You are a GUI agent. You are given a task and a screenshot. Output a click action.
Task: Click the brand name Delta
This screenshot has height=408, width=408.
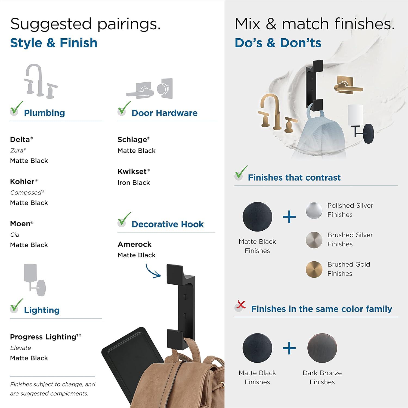tap(20, 140)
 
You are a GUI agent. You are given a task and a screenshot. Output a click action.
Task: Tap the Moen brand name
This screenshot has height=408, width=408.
tap(20, 224)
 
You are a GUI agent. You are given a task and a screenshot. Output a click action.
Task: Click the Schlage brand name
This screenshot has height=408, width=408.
tap(132, 140)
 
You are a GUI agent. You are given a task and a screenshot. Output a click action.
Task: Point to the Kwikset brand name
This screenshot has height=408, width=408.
tap(132, 172)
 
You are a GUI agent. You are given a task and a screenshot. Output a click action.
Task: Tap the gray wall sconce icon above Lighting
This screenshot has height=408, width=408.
tap(34, 280)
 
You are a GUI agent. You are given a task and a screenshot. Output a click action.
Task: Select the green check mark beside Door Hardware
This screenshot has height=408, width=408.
tap(124, 108)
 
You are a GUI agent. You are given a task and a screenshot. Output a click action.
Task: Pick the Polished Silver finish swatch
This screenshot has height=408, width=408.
tap(314, 210)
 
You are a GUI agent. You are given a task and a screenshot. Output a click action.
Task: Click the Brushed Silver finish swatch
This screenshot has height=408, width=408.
tap(314, 240)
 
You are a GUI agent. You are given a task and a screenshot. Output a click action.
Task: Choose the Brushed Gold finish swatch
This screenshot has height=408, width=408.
tap(314, 269)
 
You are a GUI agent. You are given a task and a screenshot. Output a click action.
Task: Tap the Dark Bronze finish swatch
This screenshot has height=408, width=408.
tap(322, 348)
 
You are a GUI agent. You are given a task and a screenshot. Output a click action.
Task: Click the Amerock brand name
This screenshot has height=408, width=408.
tap(134, 244)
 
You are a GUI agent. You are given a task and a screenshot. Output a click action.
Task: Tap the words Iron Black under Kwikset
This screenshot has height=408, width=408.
tap(134, 183)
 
